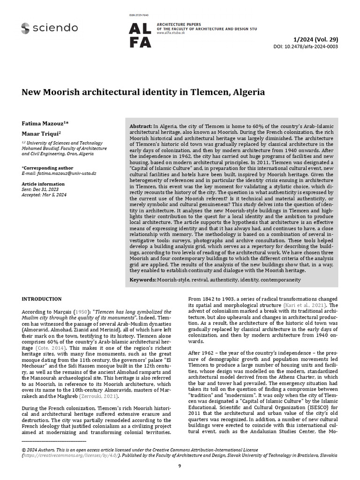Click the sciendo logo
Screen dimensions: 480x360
tap(49, 28)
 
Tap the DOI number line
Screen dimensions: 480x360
tap(305, 47)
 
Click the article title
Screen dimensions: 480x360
tap(143, 92)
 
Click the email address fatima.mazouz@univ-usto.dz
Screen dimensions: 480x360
tap(66, 173)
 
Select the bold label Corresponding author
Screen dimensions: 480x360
tap(47, 167)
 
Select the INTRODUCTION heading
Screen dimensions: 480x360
tap(42, 299)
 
